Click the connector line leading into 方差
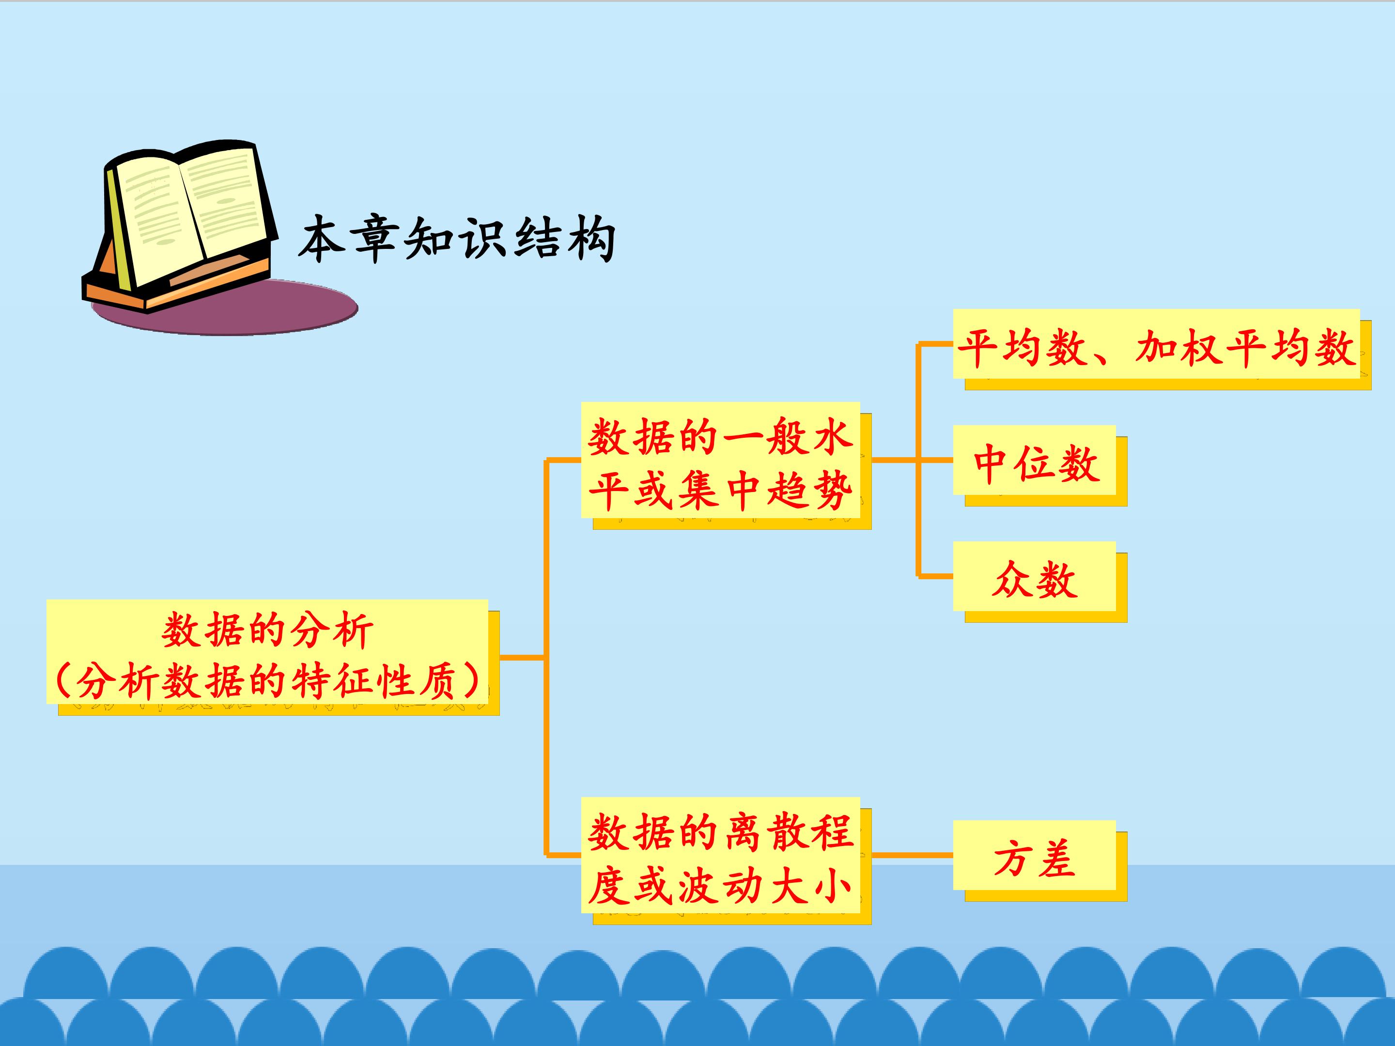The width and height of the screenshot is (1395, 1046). [913, 855]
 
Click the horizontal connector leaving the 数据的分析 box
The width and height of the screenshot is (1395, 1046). [523, 658]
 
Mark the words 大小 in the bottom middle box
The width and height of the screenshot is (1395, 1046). [811, 886]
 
